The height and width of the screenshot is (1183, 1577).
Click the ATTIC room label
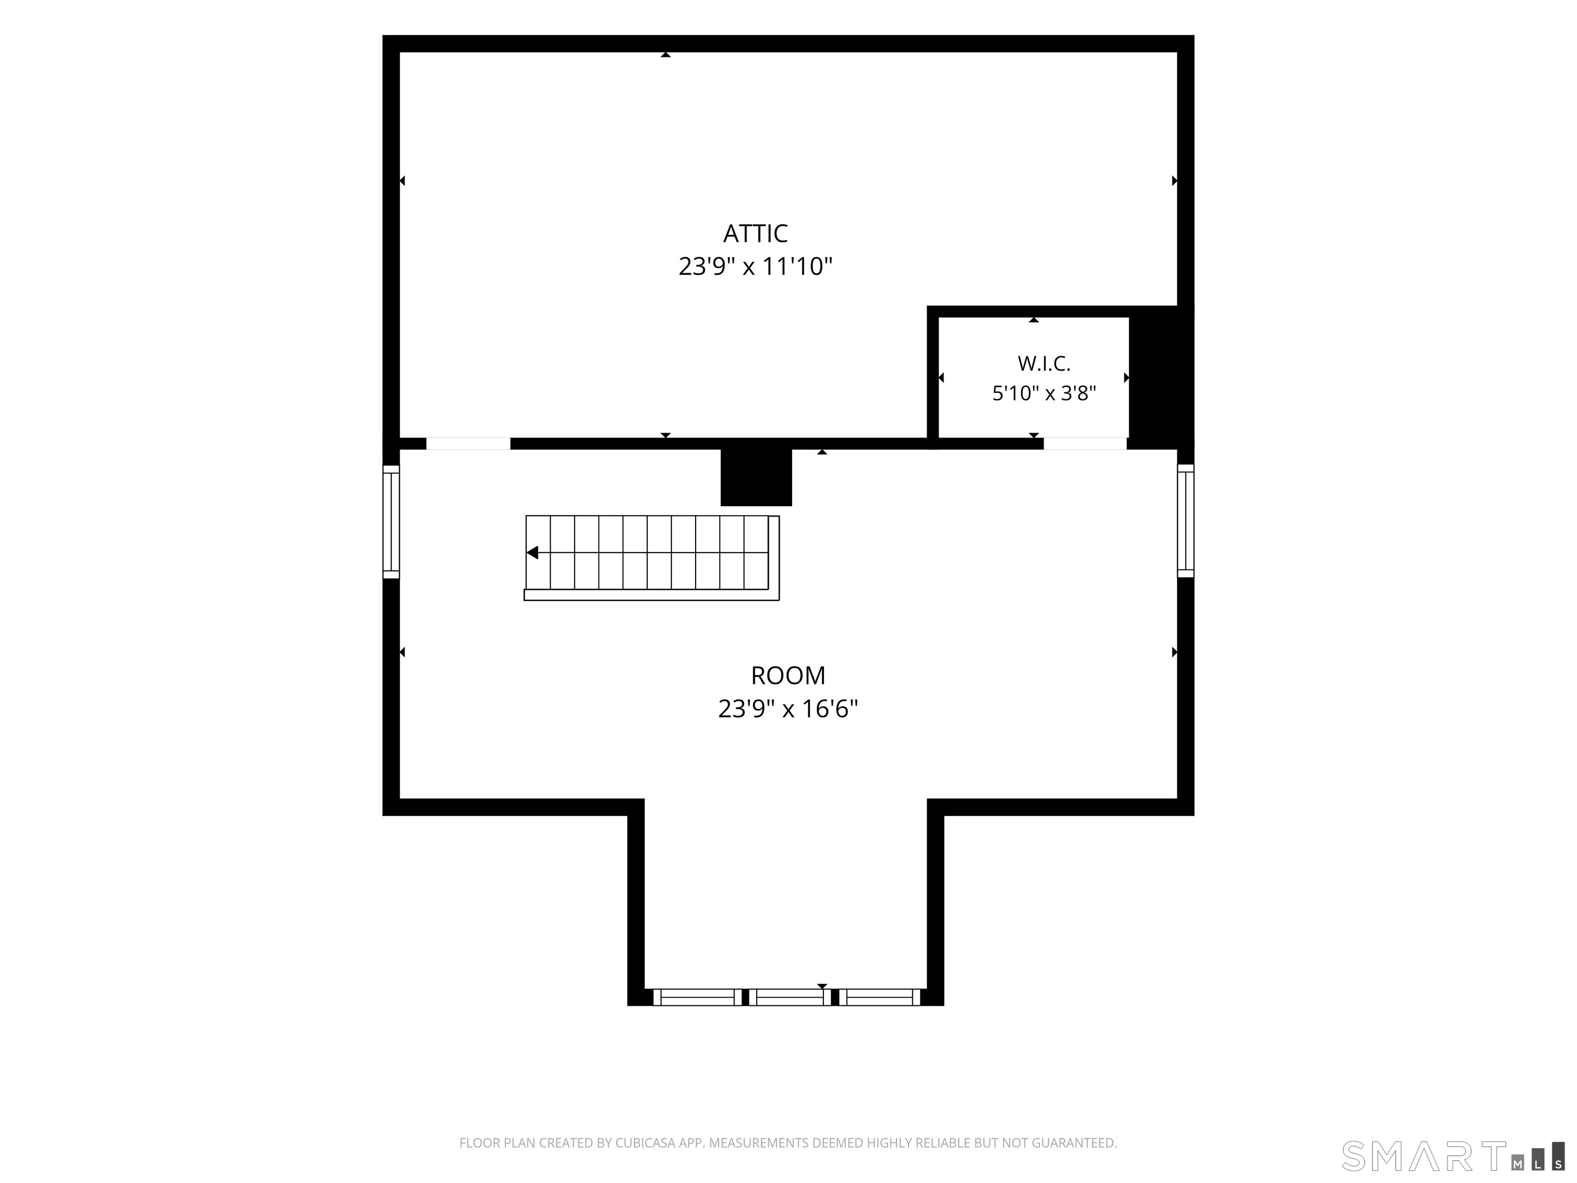pyautogui.click(x=755, y=234)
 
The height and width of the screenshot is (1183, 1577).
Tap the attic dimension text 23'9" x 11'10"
pyautogui.click(x=755, y=266)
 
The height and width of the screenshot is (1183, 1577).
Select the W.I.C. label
pyautogui.click(x=1044, y=364)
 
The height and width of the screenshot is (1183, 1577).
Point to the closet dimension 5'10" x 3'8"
pyautogui.click(x=1044, y=393)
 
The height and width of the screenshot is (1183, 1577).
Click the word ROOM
pyautogui.click(x=788, y=675)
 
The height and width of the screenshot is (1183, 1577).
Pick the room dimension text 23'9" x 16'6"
pyautogui.click(x=788, y=709)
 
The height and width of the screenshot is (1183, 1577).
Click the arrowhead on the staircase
pyautogui.click(x=532, y=552)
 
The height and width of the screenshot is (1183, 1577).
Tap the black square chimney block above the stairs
pyautogui.click(x=756, y=477)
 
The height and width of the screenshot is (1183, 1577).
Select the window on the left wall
pyautogui.click(x=391, y=521)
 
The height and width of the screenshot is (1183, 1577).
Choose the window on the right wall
pyautogui.click(x=1185, y=521)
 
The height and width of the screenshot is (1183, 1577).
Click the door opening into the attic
pyautogui.click(x=468, y=444)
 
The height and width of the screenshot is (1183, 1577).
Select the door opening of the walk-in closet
pyautogui.click(x=1085, y=444)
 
